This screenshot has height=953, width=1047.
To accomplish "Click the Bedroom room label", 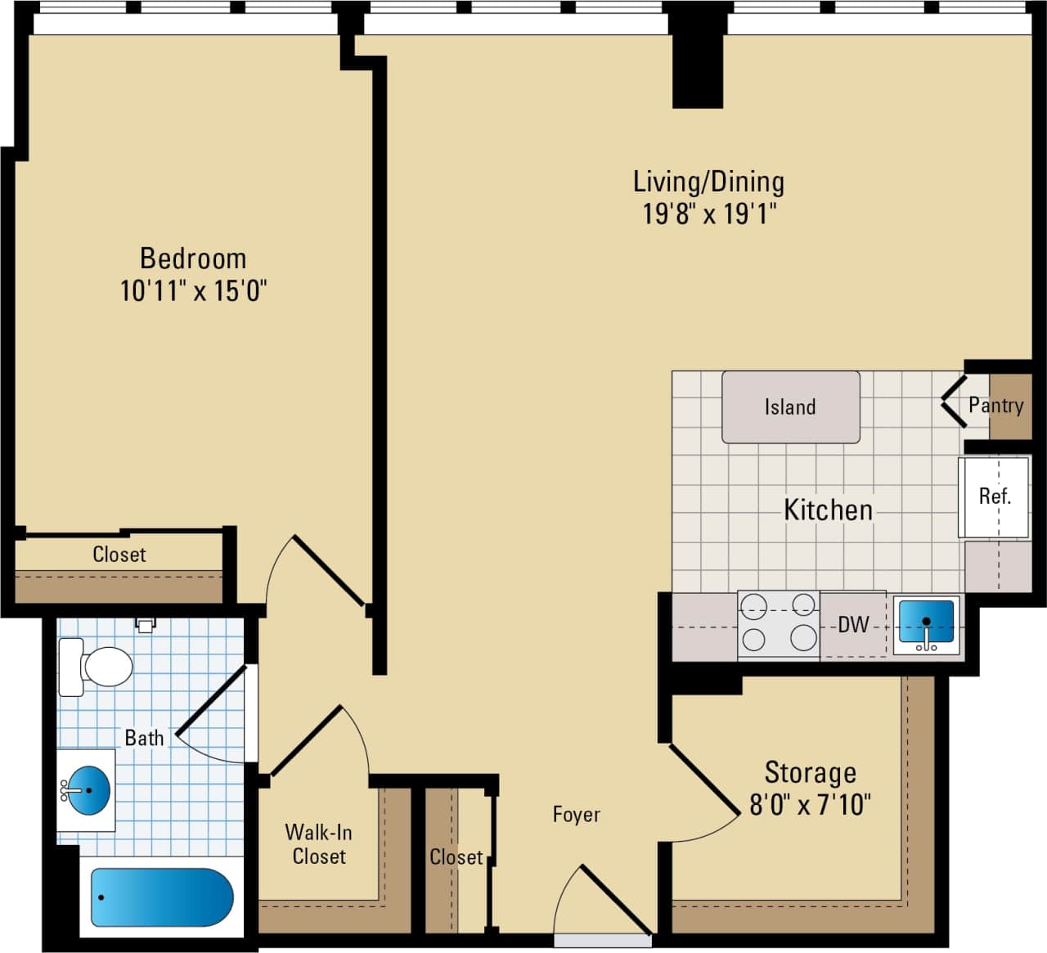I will pos(193,258).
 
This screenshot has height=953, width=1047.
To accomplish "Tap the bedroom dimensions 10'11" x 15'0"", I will pos(193,290).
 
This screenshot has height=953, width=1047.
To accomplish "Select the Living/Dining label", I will pos(708,182).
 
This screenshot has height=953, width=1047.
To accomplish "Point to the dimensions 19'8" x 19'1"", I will pos(708,214).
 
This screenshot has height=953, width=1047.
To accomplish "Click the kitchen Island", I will pos(790,407).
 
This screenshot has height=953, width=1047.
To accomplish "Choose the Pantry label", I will pos(995,405).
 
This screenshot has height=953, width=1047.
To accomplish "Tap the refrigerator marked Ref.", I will pos(994,497).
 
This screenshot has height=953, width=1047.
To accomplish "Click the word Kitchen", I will pos(828,510).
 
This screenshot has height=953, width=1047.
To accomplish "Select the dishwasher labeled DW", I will pos(853,625).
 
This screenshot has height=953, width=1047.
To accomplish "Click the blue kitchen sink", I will pos(926,623).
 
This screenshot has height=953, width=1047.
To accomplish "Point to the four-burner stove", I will pos(779,624).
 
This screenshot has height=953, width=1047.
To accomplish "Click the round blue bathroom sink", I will pos(88,791).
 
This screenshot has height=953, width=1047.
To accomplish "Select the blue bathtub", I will pos(161,897).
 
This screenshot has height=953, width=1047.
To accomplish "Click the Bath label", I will pos(144,738).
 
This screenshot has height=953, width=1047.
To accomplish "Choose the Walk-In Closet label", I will pos(319,844).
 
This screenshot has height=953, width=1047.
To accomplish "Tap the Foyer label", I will pos(576,815).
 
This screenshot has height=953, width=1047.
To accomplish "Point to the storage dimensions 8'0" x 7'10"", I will pos(810,805).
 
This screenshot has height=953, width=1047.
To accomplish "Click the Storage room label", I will pos(810,772).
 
